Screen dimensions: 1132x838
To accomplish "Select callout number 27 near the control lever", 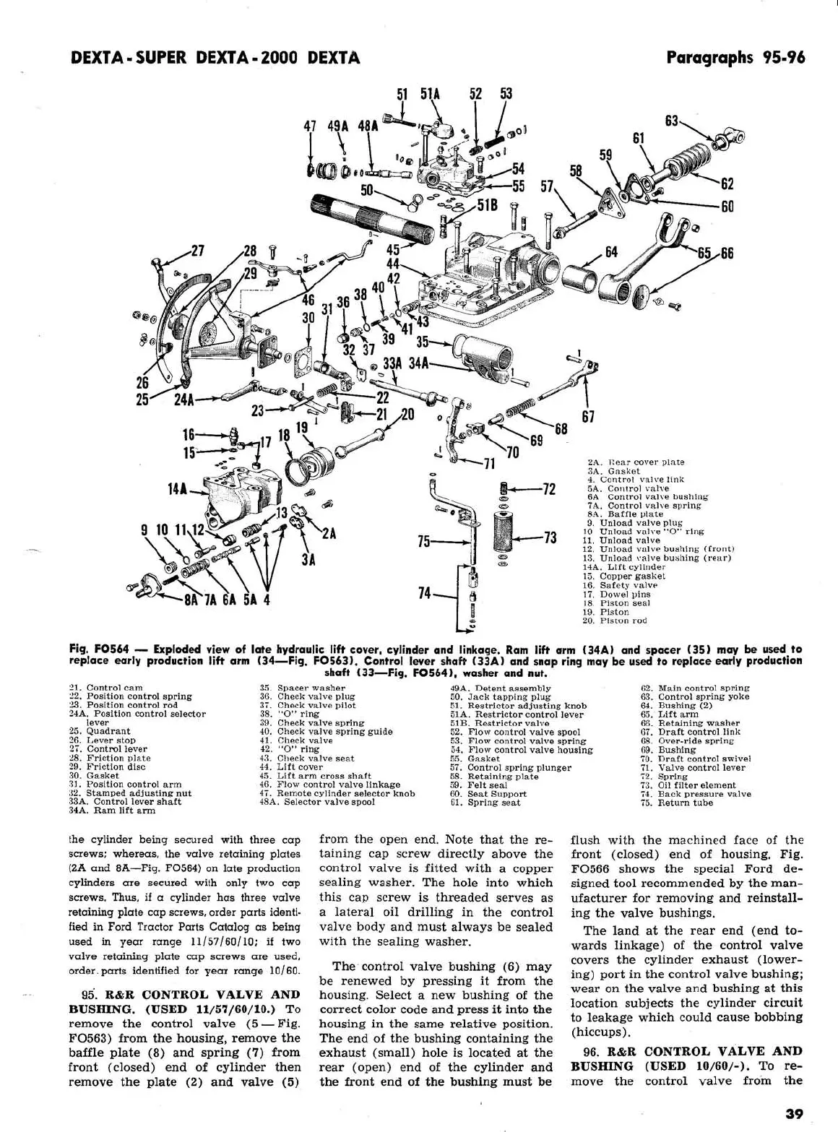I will click(196, 251).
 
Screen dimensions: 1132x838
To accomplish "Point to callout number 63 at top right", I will click(672, 121).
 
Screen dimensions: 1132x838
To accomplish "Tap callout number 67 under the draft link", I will click(588, 417).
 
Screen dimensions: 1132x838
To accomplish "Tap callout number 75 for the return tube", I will click(425, 541).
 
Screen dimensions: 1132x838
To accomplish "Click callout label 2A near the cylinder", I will click(329, 533).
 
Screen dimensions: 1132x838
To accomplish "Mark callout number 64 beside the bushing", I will click(611, 252).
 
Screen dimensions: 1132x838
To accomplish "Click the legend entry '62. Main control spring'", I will click(694, 688).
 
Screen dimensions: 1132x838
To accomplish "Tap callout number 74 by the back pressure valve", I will click(425, 593).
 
